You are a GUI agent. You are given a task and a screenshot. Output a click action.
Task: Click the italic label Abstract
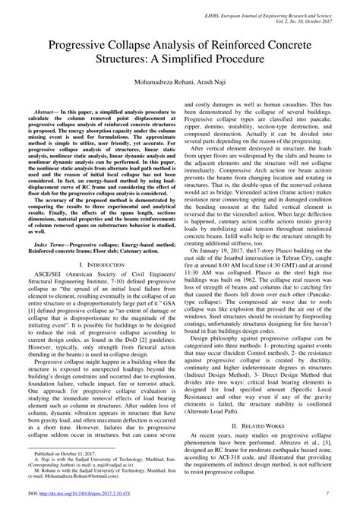(43, 111)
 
